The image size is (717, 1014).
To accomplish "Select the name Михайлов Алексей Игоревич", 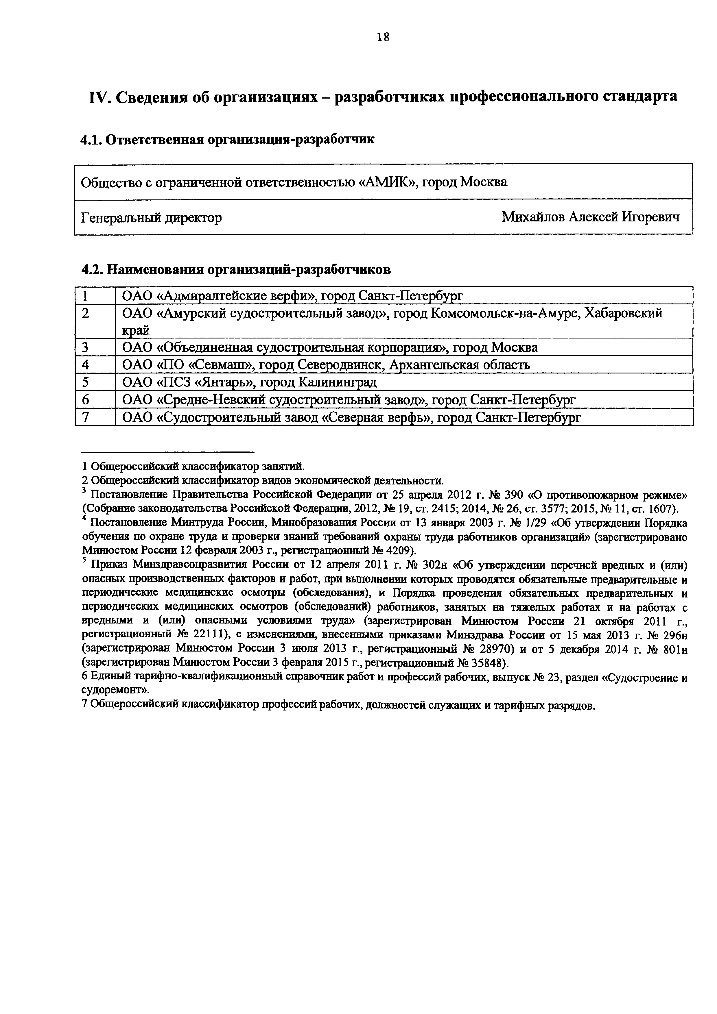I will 591,217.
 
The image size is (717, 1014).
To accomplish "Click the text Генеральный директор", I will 152,217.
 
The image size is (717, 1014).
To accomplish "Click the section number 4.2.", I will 91,269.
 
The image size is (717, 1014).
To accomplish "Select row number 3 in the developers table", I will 85,347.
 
